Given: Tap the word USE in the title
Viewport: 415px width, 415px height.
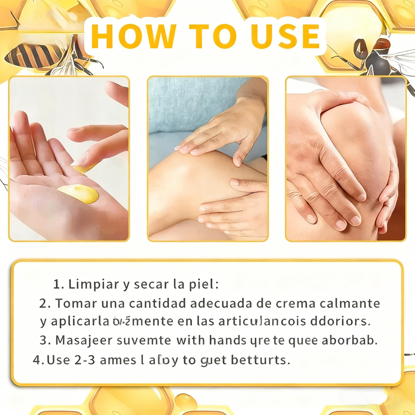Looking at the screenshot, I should pos(285,35).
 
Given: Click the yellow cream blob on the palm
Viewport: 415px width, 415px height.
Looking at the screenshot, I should pos(79,194).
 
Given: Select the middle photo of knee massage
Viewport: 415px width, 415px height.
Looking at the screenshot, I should pos(207,159).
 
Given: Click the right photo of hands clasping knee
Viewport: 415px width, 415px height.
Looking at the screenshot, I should pos(345,159).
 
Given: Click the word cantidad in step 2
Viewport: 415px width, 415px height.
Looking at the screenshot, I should pos(157,303).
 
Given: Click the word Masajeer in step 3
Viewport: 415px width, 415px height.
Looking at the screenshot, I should pos(80,340).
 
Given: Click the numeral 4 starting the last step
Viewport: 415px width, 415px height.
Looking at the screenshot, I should pos(37,360).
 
